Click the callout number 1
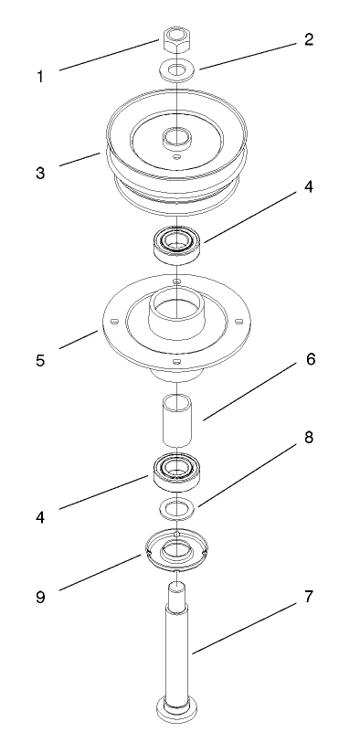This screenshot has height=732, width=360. (x=39, y=77)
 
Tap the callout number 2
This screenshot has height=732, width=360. (x=308, y=40)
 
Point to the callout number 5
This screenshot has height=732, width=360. (x=39, y=362)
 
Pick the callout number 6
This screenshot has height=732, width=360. (x=310, y=359)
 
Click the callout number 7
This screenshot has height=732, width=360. (x=308, y=596)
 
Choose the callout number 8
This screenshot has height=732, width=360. (x=308, y=438)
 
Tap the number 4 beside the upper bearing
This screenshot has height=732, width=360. (x=308, y=187)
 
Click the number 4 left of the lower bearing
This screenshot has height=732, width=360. (x=39, y=515)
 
